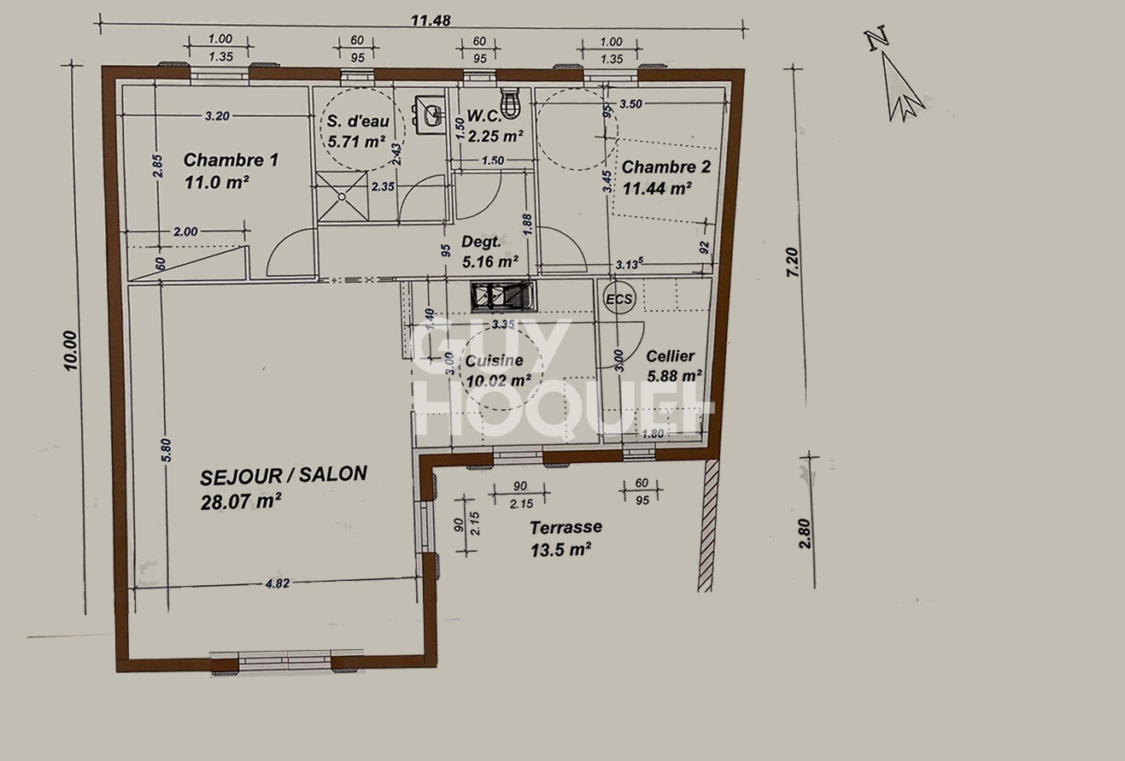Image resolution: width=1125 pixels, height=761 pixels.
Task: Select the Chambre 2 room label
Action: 665,177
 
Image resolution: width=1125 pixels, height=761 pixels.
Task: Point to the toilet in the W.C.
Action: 511,103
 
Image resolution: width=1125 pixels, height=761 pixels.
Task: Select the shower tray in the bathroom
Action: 342,196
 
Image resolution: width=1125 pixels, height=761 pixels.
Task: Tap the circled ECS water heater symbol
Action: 620,299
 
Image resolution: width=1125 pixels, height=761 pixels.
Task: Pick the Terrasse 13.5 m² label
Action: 565,538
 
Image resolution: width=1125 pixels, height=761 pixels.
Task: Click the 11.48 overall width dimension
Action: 431,21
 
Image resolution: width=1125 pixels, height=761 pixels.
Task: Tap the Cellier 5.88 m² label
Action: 673,365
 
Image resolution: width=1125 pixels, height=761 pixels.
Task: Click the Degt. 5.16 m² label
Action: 489,251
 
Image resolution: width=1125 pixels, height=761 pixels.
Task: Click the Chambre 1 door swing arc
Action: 290,254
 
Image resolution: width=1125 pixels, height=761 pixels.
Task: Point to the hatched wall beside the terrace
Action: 706,524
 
